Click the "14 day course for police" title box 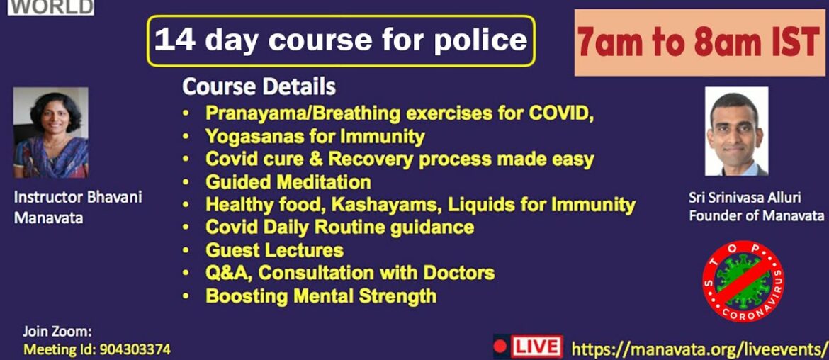click(341, 40)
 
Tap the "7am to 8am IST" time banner click(698, 43)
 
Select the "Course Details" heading click(259, 87)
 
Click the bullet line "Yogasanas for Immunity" click(315, 136)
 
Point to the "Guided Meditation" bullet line click(288, 182)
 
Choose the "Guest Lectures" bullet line click(274, 250)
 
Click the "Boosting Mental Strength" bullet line click(320, 296)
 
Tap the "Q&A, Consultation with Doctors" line click(349, 273)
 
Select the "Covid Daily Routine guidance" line click(339, 227)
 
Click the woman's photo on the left click(51, 133)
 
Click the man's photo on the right click(736, 131)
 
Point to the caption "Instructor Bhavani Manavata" click(78, 207)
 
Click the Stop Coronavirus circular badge click(743, 281)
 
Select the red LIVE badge click(529, 347)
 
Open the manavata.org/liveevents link click(699, 349)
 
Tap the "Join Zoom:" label click(57, 331)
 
